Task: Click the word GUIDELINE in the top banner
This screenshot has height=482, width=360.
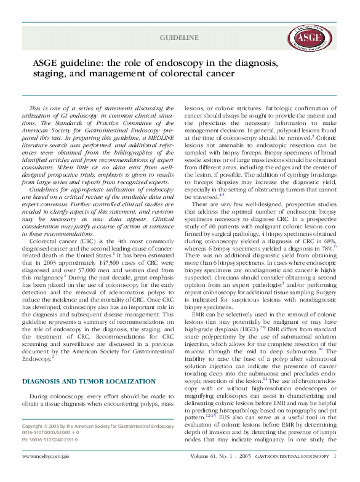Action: point(180,38)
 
